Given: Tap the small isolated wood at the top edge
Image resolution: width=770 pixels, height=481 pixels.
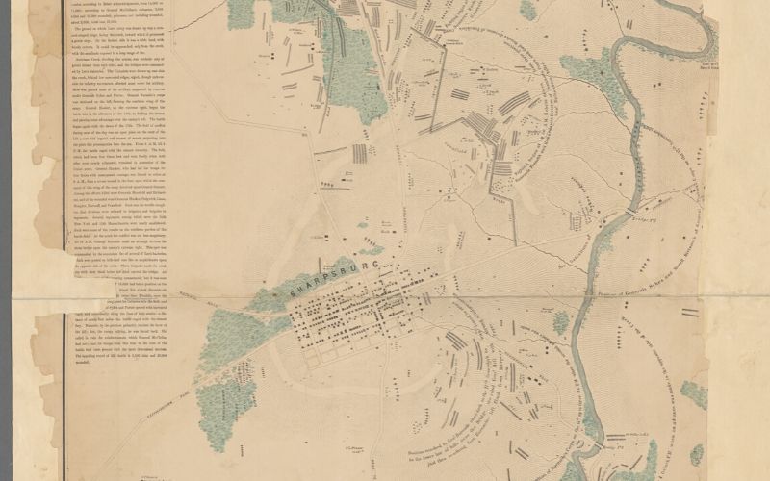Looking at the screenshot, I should [x=527, y=10].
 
